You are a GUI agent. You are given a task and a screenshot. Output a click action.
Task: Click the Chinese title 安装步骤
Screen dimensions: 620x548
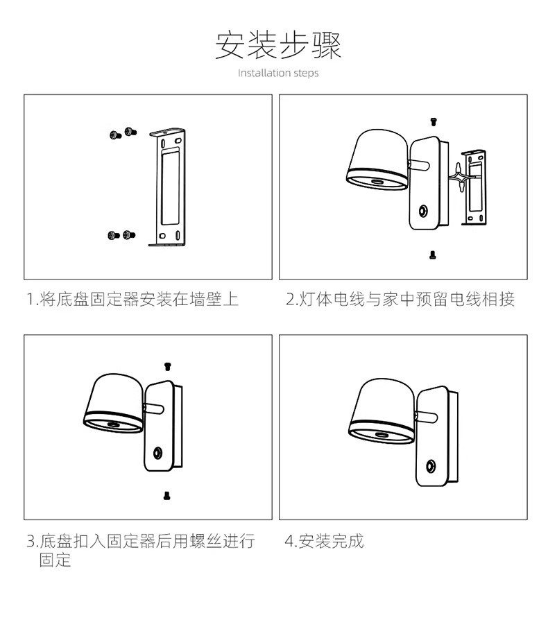point(278,45)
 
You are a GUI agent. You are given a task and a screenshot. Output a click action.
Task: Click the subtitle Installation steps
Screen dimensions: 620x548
point(278,73)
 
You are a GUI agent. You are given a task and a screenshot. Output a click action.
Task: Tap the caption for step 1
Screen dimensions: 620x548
point(132,300)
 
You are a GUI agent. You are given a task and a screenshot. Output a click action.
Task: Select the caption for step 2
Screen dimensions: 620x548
point(400,300)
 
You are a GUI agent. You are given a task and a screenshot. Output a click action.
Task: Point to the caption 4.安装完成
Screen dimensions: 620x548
point(324,541)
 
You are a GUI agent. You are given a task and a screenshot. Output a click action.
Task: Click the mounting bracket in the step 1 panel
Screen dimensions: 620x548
point(169,187)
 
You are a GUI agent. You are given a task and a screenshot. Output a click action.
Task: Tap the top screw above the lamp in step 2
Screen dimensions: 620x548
point(433,122)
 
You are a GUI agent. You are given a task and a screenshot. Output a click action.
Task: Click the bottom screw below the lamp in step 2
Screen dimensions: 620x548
point(433,256)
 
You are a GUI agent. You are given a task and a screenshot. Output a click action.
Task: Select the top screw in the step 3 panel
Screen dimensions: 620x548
point(166,365)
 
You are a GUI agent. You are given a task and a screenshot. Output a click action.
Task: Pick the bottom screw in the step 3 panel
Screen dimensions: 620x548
point(166,495)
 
